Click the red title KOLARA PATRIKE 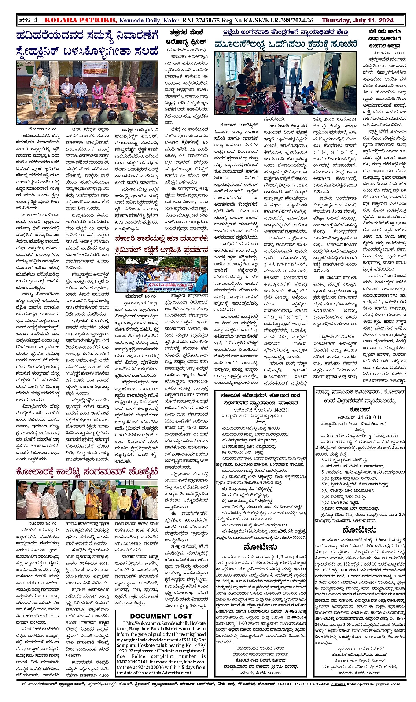(80, 20)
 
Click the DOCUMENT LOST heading (161, 616)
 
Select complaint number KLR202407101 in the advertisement (137, 662)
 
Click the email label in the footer (339, 684)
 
